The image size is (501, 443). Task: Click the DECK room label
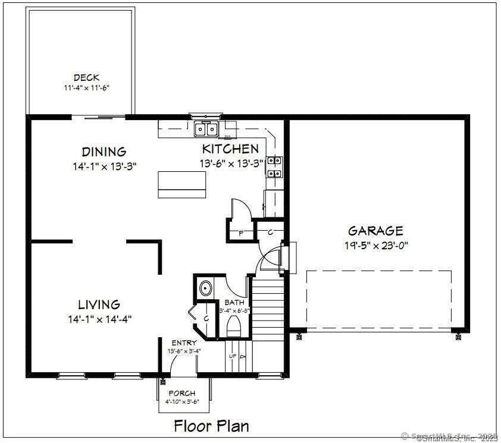click(x=86, y=77)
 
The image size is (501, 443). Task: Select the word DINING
click(x=104, y=152)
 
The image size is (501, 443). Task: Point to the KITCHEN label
click(x=230, y=149)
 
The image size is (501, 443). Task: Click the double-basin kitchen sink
click(x=206, y=128)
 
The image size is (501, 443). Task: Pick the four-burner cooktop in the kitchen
click(x=274, y=167)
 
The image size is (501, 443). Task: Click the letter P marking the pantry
click(x=241, y=233)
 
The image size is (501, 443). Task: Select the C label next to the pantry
click(x=270, y=232)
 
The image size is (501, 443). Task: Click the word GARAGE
click(x=375, y=231)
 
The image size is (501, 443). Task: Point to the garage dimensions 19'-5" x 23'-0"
click(x=375, y=244)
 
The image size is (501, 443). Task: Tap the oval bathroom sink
click(x=206, y=288)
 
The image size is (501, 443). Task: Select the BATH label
click(x=234, y=303)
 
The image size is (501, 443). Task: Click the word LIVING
click(x=99, y=305)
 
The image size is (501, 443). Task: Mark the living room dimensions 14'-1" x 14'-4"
click(x=99, y=319)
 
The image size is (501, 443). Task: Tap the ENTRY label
click(x=184, y=343)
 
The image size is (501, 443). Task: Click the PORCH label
click(x=182, y=393)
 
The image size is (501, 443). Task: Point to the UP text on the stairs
click(x=233, y=356)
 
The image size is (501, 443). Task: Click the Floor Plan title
click(x=211, y=426)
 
